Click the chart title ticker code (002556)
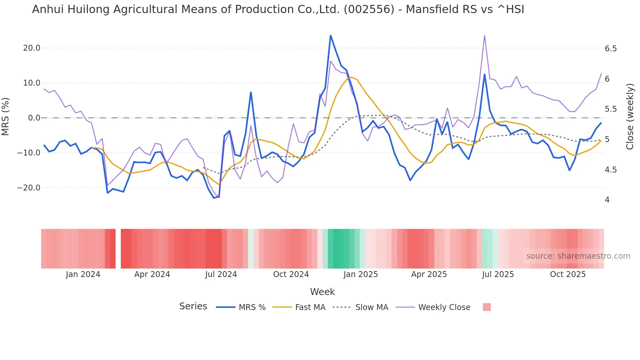point(369,9)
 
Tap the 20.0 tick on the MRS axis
point(32,48)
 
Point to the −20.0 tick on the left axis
point(29,188)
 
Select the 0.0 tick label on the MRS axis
point(34,118)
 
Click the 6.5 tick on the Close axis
point(611,49)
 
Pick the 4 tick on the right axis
point(607,200)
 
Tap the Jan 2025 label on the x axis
point(360,274)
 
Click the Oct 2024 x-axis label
point(291,274)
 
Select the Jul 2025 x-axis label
point(498,274)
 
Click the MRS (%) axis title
point(6,116)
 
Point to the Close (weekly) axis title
point(630,117)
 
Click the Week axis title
point(322,292)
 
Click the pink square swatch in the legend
point(487,307)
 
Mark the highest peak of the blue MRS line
point(330,35)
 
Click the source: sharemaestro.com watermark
point(578,256)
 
